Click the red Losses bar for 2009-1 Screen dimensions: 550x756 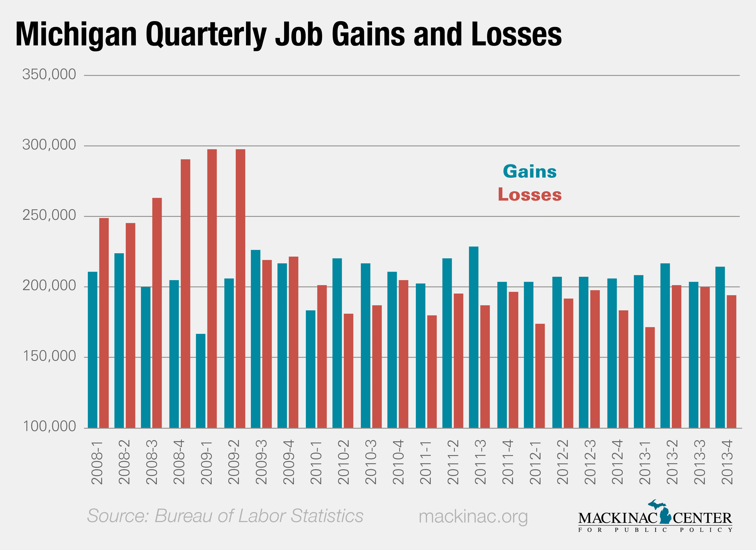(x=212, y=288)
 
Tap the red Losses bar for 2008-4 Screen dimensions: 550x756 (x=185, y=293)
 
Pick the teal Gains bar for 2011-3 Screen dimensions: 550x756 (x=473, y=337)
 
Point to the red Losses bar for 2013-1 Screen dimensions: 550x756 (x=650, y=377)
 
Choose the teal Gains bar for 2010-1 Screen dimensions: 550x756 (x=310, y=369)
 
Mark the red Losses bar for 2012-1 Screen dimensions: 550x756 (x=540, y=376)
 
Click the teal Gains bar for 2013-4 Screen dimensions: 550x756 (x=720, y=347)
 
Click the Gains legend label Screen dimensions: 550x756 (x=529, y=172)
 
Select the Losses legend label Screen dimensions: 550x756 (x=529, y=195)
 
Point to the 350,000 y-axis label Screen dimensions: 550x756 (x=49, y=74)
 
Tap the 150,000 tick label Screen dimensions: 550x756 (x=49, y=356)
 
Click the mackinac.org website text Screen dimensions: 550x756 (x=473, y=516)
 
